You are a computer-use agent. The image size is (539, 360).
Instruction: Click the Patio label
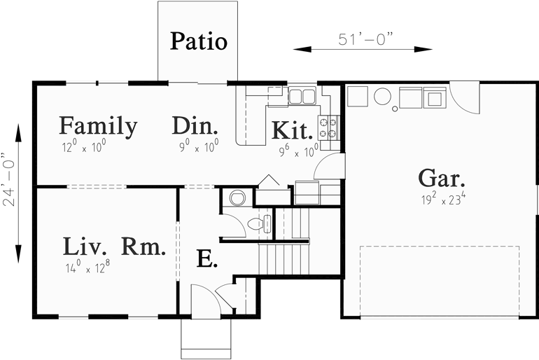[199, 41]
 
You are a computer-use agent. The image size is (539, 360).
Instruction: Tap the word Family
[97, 126]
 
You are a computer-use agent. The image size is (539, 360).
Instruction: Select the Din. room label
[195, 127]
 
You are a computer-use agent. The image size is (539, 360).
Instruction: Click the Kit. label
[292, 130]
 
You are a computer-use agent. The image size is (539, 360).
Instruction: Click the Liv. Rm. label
[114, 247]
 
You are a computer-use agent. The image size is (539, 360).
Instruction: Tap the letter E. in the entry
[206, 260]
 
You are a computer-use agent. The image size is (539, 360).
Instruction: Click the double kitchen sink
[302, 95]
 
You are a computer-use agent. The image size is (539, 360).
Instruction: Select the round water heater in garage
[382, 96]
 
